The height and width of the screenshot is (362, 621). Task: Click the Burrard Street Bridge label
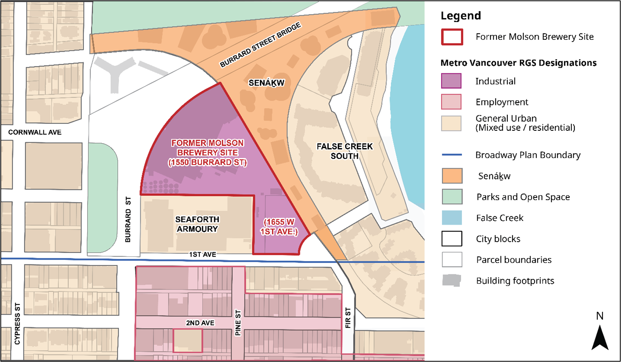[260, 45]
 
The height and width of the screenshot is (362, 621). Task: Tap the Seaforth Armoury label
[197, 224]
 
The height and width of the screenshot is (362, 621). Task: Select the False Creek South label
[345, 151]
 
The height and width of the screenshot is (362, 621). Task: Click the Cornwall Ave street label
[35, 132]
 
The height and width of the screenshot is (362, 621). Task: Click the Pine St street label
[238, 323]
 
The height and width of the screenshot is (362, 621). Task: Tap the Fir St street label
[348, 318]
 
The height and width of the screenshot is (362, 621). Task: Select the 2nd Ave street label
[200, 323]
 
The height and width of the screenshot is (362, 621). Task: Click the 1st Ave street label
[202, 255]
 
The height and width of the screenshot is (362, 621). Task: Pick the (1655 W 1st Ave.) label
[279, 227]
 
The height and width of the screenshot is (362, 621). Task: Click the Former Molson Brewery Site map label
[207, 153]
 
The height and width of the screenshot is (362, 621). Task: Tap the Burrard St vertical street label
[128, 220]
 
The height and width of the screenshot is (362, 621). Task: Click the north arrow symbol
[600, 337]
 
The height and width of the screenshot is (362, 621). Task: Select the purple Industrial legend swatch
[451, 81]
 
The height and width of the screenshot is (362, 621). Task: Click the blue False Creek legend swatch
[452, 218]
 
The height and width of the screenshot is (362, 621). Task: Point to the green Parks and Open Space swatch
[452, 197]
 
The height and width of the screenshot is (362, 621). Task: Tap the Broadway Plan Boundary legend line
[452, 155]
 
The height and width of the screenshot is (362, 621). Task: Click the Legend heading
[460, 16]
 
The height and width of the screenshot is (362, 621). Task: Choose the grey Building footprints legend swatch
[451, 280]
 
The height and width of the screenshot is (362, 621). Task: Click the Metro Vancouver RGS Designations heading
[518, 63]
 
